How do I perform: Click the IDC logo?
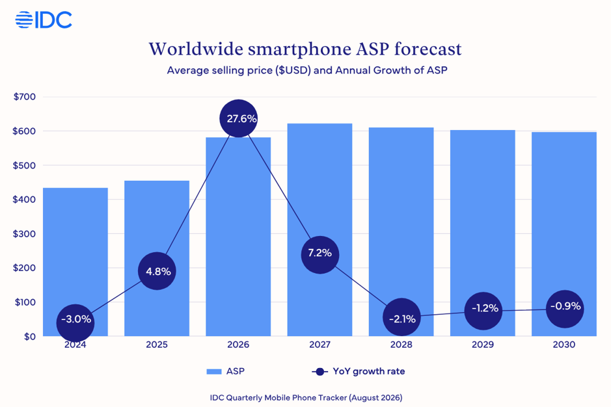44,20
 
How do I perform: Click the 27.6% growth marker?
238,118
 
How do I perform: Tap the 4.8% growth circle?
157,271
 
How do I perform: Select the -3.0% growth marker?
75,323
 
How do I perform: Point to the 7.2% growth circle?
320,255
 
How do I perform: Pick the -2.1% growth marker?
401,317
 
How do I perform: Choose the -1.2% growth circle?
483,311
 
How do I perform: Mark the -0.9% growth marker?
565,309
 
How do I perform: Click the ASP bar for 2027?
320,230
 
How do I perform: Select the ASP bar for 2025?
157,258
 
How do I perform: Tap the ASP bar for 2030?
564,234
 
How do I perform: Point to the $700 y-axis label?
24,97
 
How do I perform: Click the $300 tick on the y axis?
24,233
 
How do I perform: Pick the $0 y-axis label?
30,337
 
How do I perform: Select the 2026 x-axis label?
238,345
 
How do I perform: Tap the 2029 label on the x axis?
483,345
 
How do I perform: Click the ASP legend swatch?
214,371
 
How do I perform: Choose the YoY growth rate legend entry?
359,371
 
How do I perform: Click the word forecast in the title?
428,49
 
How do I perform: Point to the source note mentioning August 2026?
306,398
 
